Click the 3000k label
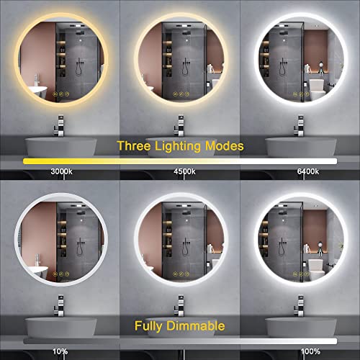pyautogui.click(x=61, y=171)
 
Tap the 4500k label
pyautogui.click(x=184, y=171)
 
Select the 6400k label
pyautogui.click(x=308, y=171)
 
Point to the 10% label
pyautogui.click(x=60, y=351)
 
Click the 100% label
pyautogui.click(x=310, y=351)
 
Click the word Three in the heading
pyautogui.click(x=134, y=145)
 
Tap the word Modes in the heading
pyautogui.click(x=225, y=145)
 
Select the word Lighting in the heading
pyautogui.click(x=178, y=146)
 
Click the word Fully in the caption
pyautogui.click(x=148, y=326)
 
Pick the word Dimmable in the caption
pyautogui.click(x=196, y=325)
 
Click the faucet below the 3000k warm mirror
pyautogui.click(x=60, y=125)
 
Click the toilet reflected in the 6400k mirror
pyautogui.click(x=318, y=89)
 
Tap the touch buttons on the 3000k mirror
pyautogui.click(x=61, y=94)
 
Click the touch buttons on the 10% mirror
pyautogui.click(x=61, y=274)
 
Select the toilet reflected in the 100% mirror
pyautogui.click(x=318, y=269)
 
